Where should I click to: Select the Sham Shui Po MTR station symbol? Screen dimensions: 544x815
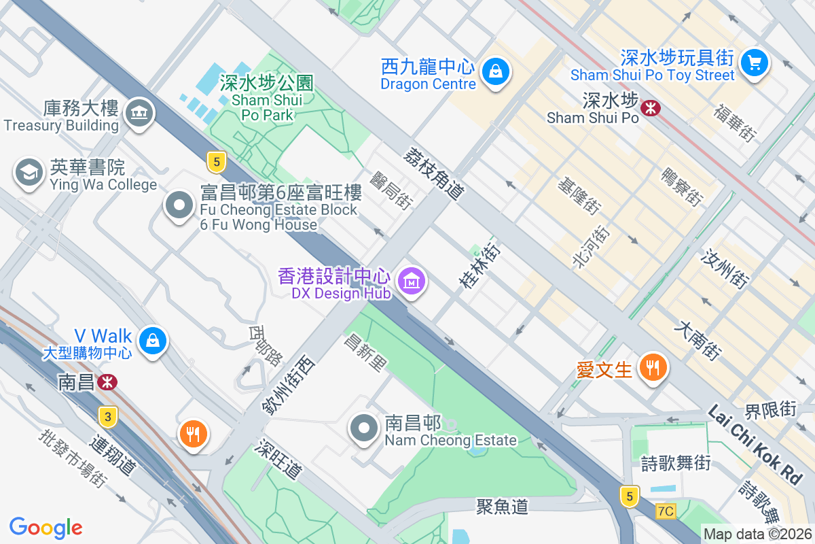651,107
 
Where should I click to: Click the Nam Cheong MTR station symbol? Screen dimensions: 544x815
107,381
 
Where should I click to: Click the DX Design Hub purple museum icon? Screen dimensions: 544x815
411,280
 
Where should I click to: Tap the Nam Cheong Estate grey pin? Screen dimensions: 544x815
364,428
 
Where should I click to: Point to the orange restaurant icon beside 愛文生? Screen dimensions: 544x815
653,368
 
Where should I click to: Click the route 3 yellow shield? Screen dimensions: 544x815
107,415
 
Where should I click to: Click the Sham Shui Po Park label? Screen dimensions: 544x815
267,99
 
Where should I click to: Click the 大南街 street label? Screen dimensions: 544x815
698,341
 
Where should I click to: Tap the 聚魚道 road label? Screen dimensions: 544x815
502,506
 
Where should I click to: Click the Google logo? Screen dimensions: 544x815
46,528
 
